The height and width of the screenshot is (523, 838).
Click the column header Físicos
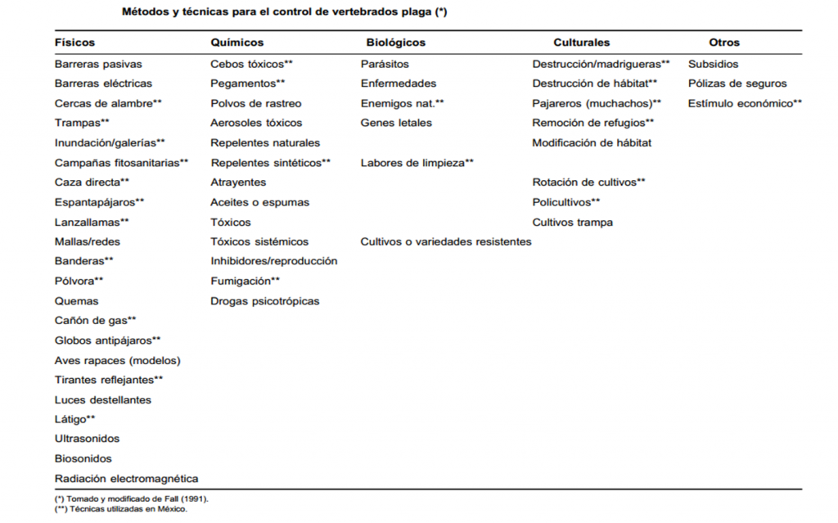74,43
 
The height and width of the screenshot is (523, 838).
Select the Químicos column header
237,43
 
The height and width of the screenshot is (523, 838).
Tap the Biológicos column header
395,43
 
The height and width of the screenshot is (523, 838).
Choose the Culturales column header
581,43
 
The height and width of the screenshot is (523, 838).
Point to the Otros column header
723,43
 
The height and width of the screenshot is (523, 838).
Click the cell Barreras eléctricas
103,83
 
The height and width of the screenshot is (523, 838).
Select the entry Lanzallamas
92,222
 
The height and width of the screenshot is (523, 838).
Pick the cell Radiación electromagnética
126,479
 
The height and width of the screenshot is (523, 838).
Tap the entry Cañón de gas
95,321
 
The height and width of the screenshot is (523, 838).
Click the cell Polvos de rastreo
255,103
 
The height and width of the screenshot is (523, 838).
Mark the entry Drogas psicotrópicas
264,301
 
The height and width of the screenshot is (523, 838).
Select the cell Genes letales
396,123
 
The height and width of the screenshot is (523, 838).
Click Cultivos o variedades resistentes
445,241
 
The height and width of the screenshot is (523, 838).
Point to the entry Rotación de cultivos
588,183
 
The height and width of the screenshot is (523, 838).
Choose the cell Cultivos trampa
572,222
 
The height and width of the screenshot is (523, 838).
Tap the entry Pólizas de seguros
737,83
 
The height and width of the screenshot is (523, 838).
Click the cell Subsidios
713,64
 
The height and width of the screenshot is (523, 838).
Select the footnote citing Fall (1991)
131,498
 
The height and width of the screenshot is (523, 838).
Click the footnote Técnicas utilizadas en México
120,509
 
